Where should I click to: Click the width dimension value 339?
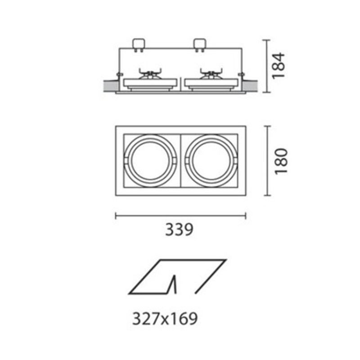[179, 230]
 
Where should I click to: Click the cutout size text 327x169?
[165, 319]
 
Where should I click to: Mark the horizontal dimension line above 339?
[180, 216]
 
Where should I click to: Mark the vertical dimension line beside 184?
[269, 66]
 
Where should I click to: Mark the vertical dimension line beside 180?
[269, 161]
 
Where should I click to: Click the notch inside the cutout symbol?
[173, 284]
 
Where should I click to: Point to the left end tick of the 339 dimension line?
[116, 216]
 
